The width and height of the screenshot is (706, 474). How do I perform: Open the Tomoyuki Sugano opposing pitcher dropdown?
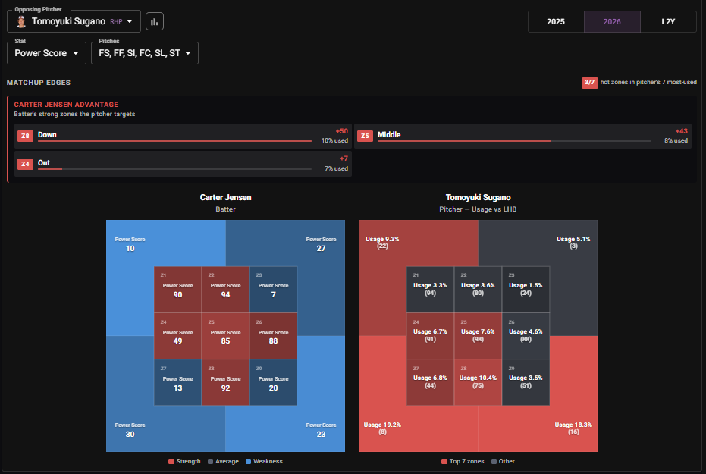pos(74,21)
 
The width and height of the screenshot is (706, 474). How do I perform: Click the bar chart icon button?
pos(155,21)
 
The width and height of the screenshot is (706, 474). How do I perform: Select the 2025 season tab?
pos(556,21)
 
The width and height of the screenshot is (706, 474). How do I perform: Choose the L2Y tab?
pos(668,21)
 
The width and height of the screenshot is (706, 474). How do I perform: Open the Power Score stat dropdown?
pos(46,53)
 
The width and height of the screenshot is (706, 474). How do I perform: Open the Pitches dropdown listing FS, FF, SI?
pos(145,53)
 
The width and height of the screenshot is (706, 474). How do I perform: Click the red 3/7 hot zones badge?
pos(589,83)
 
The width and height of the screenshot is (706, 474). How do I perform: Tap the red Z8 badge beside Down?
pos(25,136)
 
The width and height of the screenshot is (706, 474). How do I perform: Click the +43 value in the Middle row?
pos(681,131)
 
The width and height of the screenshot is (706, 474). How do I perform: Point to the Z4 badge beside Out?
pos(25,164)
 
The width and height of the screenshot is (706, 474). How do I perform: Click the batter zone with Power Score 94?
pos(225,290)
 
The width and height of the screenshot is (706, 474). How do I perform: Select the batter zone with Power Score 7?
pos(273,290)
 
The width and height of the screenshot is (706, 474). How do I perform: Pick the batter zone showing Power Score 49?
pos(178,336)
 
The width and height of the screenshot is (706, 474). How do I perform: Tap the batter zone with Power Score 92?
pos(225,382)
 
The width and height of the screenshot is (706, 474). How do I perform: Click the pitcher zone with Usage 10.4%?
pos(478,382)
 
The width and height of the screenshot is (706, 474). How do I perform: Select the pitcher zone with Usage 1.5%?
pos(526,290)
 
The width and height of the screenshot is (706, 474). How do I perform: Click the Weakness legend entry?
pos(265,461)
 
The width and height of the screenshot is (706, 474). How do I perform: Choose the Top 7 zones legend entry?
pos(463,461)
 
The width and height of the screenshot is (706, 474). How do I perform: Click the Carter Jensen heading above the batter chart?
pos(225,197)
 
